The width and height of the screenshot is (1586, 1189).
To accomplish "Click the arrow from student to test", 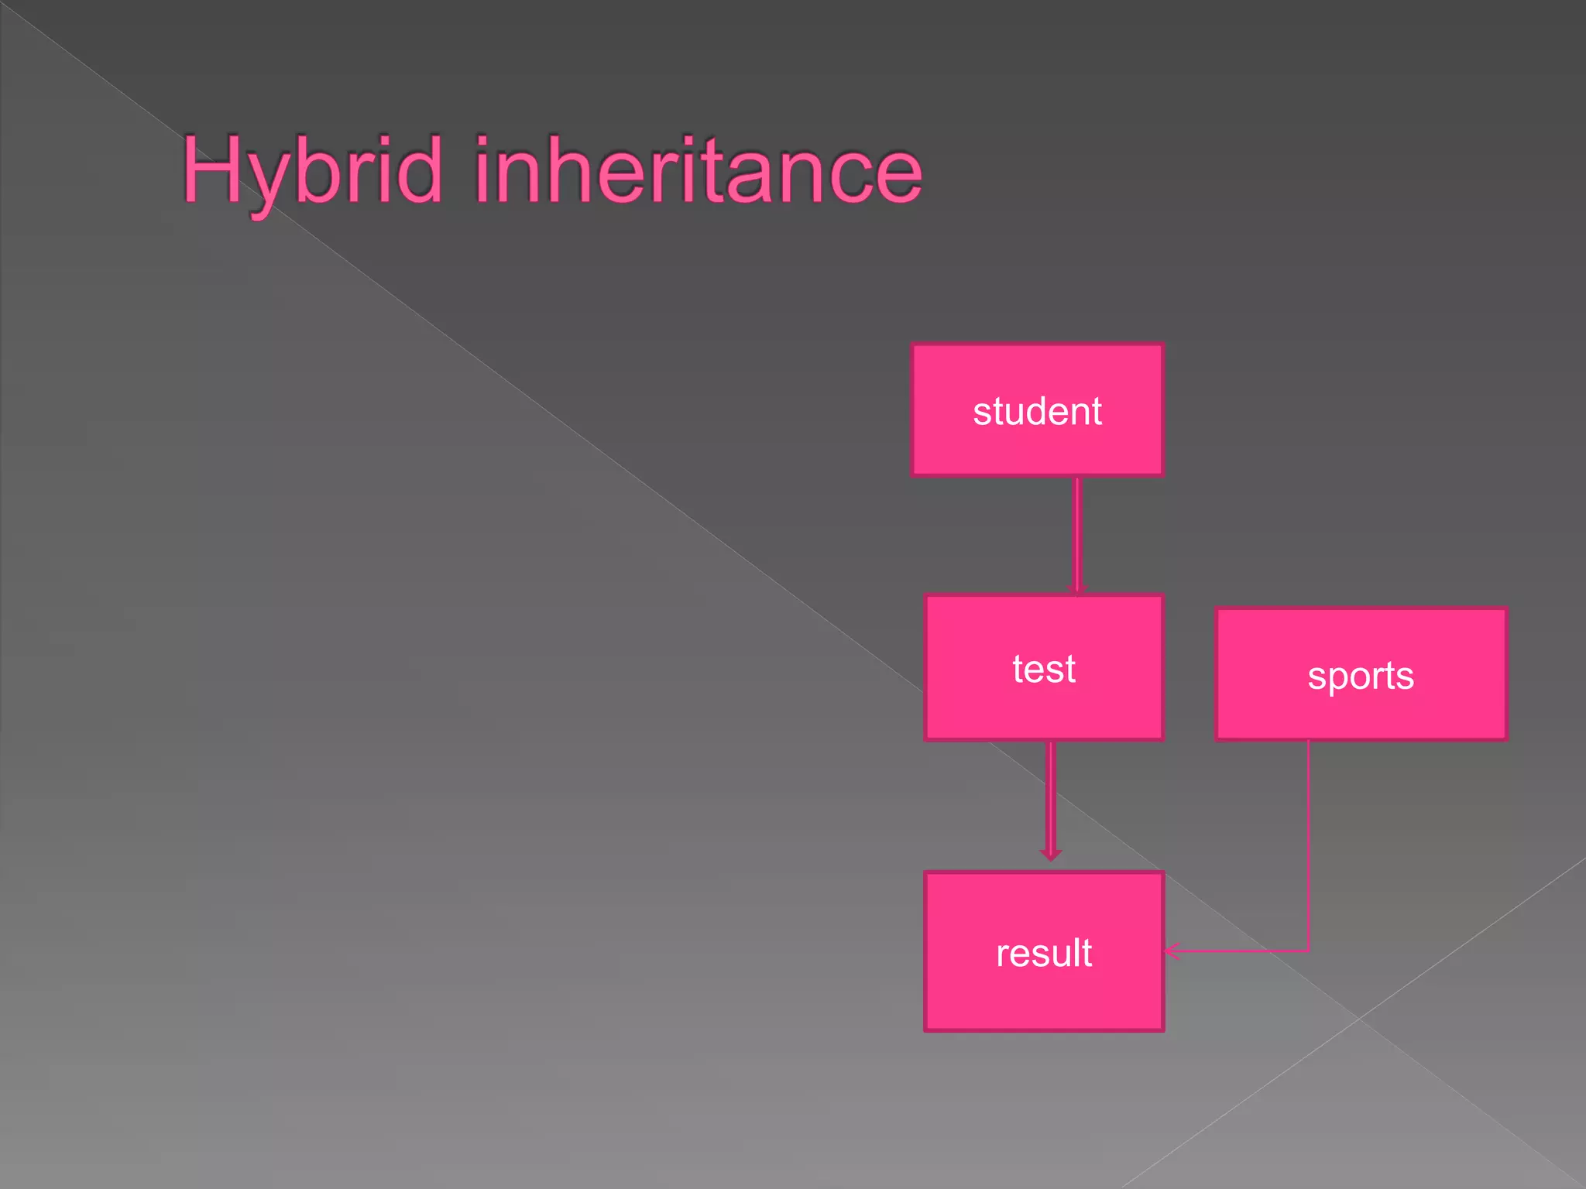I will pyautogui.click(x=1077, y=534).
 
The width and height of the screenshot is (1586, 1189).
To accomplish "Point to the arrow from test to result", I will pyautogui.click(x=1051, y=797).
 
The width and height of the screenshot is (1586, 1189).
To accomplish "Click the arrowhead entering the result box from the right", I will pyautogui.click(x=1172, y=951).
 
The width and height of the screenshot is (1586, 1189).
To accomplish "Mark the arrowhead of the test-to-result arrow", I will pyautogui.click(x=1051, y=854).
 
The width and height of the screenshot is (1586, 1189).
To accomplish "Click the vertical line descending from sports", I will pyautogui.click(x=1309, y=844).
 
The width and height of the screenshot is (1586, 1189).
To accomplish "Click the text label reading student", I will pyautogui.click(x=1037, y=411).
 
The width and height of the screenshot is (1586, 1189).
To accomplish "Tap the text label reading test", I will pyautogui.click(x=1044, y=669).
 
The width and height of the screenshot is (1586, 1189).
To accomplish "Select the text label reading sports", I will pyautogui.click(x=1361, y=676).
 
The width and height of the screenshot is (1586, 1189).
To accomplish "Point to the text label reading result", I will pyautogui.click(x=1044, y=953).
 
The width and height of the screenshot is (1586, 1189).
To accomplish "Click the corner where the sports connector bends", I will pyautogui.click(x=1309, y=951).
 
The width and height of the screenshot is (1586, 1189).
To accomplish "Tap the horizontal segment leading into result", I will pyautogui.click(x=1239, y=951).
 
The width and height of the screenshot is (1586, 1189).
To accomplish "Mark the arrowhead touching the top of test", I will pyautogui.click(x=1077, y=591).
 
